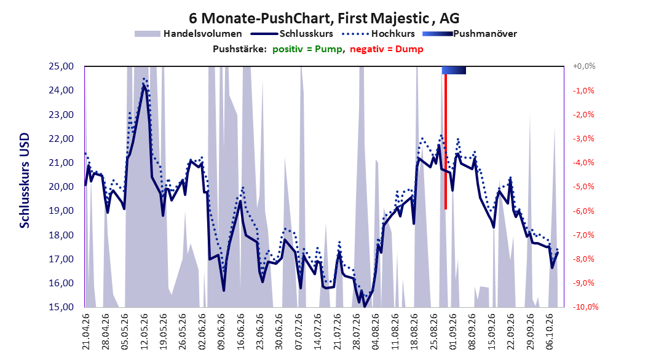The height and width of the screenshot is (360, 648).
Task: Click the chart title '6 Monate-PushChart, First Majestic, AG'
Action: (x=324, y=18)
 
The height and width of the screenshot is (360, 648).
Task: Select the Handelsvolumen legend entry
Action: (x=188, y=34)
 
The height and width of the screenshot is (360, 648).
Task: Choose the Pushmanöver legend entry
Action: (x=470, y=34)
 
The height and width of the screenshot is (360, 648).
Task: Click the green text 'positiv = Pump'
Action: (x=307, y=49)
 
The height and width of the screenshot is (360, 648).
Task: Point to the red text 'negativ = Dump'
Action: (x=387, y=49)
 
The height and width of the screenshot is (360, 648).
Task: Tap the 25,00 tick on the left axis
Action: (x=61, y=66)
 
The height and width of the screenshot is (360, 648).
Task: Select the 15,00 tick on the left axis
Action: (x=61, y=307)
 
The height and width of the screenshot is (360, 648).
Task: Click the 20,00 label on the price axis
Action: (x=61, y=187)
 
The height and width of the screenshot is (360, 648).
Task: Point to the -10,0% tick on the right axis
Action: (x=585, y=307)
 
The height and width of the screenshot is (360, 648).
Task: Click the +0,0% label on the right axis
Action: (x=584, y=66)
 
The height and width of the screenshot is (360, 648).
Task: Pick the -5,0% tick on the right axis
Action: (x=583, y=187)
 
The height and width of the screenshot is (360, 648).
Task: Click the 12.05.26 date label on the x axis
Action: (x=144, y=332)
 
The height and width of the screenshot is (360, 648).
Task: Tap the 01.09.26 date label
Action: (x=452, y=332)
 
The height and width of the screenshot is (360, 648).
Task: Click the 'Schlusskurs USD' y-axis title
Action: (x=25, y=181)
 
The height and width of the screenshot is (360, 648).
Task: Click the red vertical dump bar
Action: (x=446, y=142)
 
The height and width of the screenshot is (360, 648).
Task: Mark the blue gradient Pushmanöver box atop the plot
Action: (x=454, y=70)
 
